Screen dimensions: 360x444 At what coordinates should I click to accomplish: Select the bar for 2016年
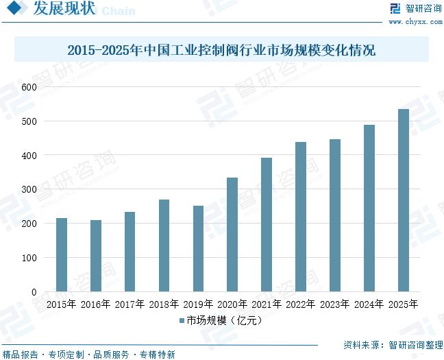96,256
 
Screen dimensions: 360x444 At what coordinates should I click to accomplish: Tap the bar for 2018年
164,245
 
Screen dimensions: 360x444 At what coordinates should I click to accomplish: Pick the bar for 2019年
198,249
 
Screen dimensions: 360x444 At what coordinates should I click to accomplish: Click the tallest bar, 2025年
404,200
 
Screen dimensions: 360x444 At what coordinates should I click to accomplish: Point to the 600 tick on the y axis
29,87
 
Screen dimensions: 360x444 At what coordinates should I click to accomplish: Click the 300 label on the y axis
29,189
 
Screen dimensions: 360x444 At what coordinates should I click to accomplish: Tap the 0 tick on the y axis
34,292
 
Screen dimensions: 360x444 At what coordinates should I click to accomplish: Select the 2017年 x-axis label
129,304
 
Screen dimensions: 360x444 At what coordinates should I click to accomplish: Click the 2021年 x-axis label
267,304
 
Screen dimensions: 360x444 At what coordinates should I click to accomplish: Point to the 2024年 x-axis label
369,304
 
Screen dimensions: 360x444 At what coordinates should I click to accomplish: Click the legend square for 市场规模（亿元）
182,320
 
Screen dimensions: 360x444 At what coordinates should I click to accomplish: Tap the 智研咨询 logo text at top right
423,9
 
